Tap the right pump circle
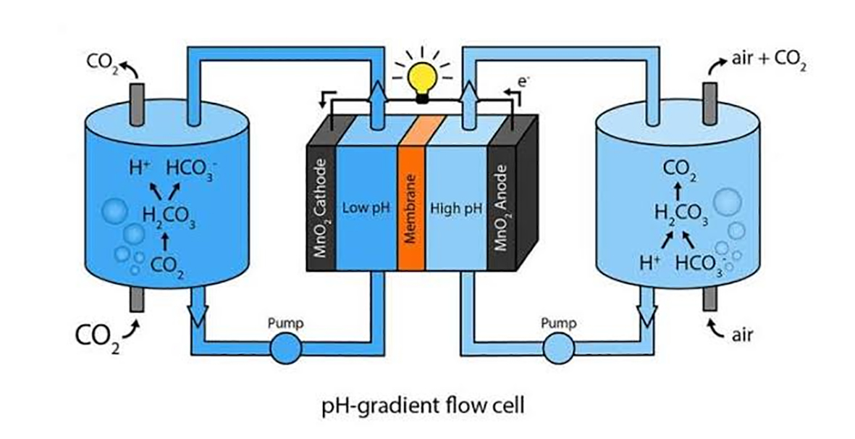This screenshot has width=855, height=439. (555, 350)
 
